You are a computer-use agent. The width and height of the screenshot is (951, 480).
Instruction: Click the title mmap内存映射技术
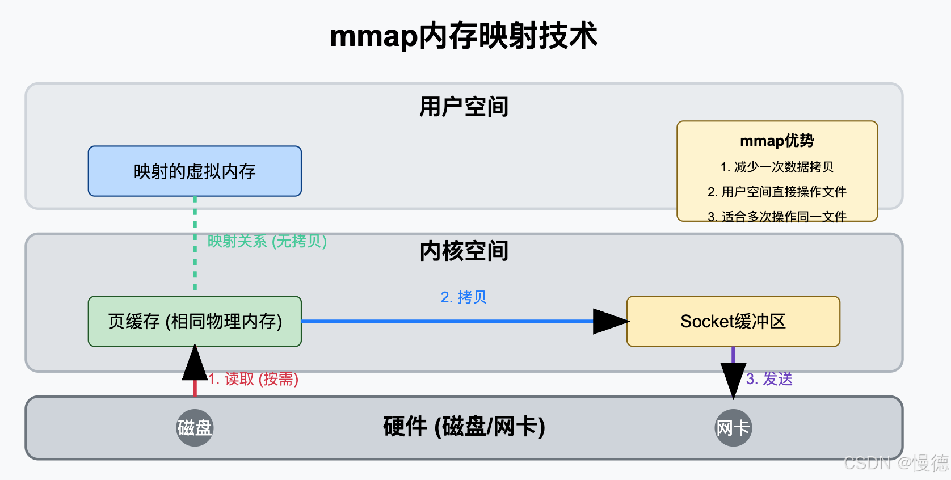464,36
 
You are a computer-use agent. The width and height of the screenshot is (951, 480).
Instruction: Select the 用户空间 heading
464,107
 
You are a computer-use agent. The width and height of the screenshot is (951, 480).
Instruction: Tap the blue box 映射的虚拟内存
195,171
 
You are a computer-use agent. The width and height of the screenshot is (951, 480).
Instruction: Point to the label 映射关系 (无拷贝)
267,241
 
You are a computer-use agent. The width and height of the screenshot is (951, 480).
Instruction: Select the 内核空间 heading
464,251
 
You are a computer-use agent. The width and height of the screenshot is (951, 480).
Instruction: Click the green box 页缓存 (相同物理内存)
195,321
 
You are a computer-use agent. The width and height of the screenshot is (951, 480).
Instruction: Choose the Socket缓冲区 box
733,321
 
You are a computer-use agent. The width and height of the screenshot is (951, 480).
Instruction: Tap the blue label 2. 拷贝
464,297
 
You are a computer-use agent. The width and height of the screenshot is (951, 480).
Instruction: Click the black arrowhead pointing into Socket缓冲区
609,321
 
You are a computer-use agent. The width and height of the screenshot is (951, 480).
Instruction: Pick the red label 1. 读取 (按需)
253,379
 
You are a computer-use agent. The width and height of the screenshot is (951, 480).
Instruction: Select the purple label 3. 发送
769,379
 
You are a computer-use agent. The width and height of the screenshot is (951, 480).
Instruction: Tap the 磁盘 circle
195,428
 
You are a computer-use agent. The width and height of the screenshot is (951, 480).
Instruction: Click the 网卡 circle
733,428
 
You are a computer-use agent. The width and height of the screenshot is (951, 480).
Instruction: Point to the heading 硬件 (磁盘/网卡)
464,427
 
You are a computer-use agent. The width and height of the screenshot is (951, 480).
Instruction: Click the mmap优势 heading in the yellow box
777,141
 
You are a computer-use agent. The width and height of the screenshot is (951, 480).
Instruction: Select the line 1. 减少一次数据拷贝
777,167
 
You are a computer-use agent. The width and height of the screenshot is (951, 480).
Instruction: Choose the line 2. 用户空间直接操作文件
777,192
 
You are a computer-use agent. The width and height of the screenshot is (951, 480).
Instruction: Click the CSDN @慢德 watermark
896,463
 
